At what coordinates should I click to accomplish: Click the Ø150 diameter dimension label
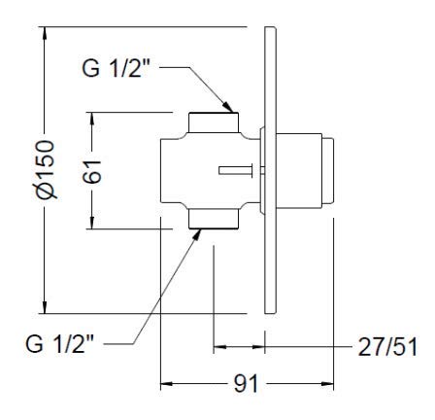click(46, 169)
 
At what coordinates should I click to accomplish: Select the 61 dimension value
click(92, 172)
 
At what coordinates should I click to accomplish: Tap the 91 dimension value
click(246, 384)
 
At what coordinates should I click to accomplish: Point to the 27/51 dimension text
click(387, 347)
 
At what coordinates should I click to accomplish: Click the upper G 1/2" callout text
click(117, 68)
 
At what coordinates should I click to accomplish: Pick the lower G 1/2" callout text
click(60, 344)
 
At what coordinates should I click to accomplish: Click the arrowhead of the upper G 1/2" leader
click(228, 107)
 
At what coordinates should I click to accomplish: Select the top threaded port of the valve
click(214, 122)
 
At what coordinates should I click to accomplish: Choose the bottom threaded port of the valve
click(214, 219)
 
